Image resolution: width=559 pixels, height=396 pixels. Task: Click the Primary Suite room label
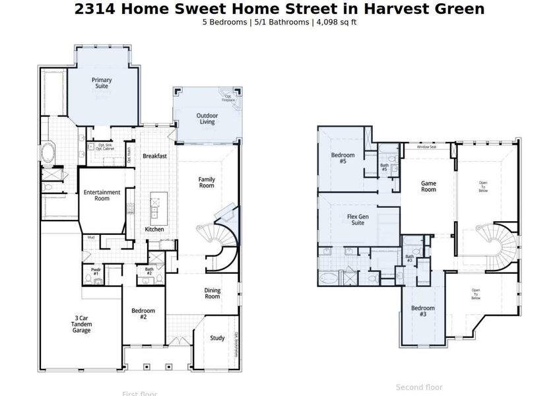coord(102,83)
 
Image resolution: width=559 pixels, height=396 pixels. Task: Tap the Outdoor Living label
coord(207,119)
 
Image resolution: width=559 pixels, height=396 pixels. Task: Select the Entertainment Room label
coord(102,195)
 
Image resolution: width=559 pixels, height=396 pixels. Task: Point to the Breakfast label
coord(154,156)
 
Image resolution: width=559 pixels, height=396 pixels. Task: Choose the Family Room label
coord(207,182)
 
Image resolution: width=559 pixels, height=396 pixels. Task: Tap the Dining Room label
coord(212,293)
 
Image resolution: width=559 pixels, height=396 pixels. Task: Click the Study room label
coord(217,338)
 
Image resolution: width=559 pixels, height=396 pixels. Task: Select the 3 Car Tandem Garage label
coord(82,327)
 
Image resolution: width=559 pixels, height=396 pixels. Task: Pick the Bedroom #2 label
coord(143,314)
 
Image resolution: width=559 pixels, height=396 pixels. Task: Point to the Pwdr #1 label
coord(96,271)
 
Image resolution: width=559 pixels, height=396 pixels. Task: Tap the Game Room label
coord(429,186)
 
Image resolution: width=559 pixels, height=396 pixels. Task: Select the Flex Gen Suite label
coord(356,219)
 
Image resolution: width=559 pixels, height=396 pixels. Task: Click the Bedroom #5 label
coord(343,158)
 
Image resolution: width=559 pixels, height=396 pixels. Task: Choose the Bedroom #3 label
coord(423,312)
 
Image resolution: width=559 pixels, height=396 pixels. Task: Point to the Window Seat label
coord(426,147)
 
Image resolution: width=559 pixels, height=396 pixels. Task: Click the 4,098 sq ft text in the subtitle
coord(337,22)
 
